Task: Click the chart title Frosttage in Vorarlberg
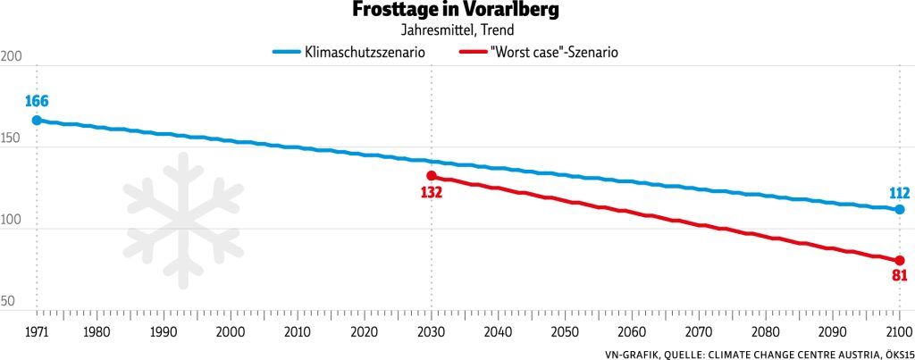[457, 11]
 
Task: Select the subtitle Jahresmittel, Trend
[457, 30]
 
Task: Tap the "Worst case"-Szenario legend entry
[554, 53]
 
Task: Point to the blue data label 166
[37, 101]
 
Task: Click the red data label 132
[432, 192]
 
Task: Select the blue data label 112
[899, 192]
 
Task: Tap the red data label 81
[899, 276]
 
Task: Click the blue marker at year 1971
[37, 120]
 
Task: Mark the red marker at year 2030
[432, 176]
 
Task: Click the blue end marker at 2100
[899, 209]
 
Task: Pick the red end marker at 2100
[899, 260]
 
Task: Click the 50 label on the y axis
[9, 302]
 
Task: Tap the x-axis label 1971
[37, 331]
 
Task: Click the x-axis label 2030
[432, 331]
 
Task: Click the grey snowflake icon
[183, 221]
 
